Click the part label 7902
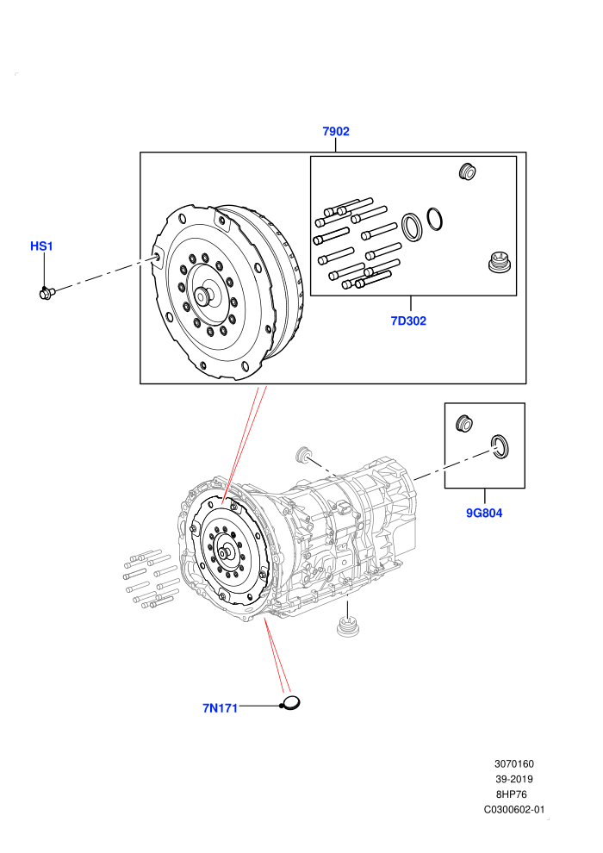(x=335, y=131)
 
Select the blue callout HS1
(x=41, y=246)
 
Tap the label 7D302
(x=408, y=321)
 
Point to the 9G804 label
(x=484, y=513)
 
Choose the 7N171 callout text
(x=220, y=708)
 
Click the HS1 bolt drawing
(x=47, y=293)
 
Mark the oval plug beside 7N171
(x=291, y=703)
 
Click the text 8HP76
(x=511, y=794)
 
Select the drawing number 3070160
(x=513, y=763)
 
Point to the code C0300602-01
(x=513, y=809)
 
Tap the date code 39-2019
(x=513, y=779)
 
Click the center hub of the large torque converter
(x=204, y=295)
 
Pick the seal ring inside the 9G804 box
(x=500, y=446)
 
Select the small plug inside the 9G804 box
(x=463, y=423)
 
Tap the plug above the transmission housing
(x=302, y=454)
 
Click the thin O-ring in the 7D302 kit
(x=434, y=219)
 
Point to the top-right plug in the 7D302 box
(x=467, y=171)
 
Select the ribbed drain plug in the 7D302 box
(x=499, y=263)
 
